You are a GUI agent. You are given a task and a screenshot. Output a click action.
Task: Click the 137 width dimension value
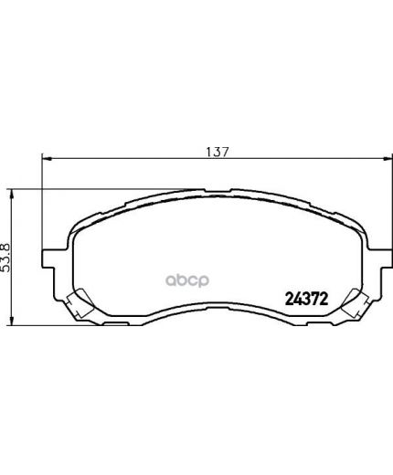pos(217,152)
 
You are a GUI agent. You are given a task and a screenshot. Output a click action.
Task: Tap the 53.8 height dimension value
pos(6,258)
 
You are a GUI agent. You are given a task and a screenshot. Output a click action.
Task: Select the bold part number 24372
pos(306,299)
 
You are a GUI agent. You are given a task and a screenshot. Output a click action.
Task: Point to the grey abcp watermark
pos(187,280)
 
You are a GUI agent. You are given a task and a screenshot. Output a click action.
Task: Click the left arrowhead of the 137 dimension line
pos(46,158)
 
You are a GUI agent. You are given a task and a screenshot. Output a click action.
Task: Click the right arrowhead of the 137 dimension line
pos(388,158)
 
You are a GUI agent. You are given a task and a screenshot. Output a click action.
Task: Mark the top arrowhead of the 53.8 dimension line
pos(12,194)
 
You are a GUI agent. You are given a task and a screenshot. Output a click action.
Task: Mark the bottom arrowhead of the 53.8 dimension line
pos(12,322)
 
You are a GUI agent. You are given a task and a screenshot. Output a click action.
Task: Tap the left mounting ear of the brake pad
pos(48,259)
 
